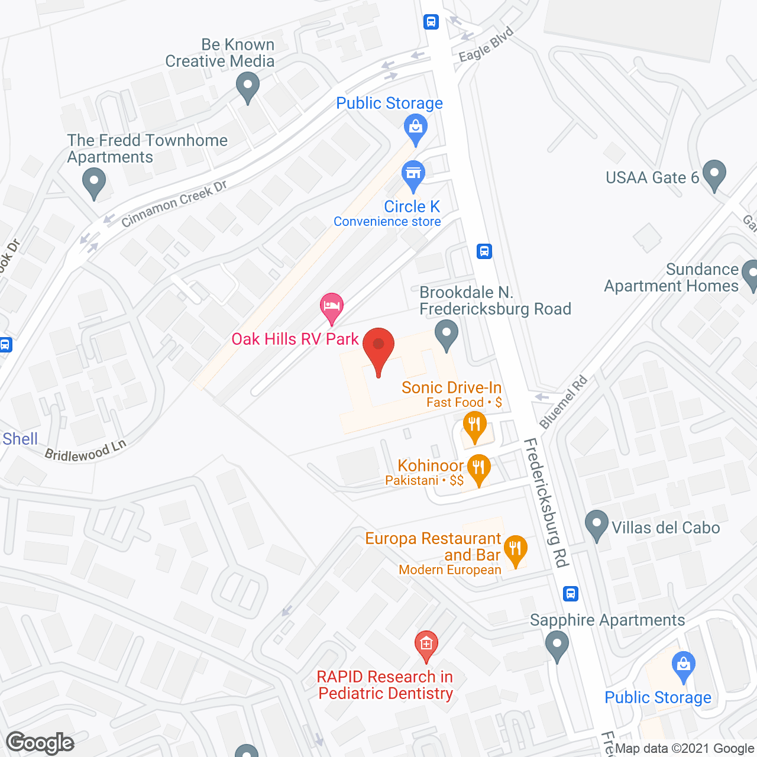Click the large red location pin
coord(378,349)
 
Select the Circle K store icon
coord(413,175)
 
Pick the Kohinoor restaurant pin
coord(478,469)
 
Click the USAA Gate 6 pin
coord(714,175)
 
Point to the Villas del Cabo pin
coord(596,525)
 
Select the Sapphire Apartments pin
coord(557,645)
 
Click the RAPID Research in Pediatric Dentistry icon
coord(426,646)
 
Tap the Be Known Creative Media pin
coord(248,87)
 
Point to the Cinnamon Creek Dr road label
coord(174,204)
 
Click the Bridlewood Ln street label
coord(86,451)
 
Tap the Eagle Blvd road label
coord(486,44)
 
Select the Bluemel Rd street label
coord(563,402)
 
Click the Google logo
coord(40,743)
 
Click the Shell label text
coord(20,439)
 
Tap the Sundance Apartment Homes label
coord(672,277)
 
